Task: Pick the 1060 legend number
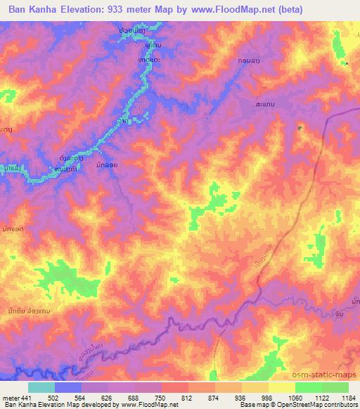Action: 295,397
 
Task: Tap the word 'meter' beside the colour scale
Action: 8,397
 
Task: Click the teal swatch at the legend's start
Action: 41,387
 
